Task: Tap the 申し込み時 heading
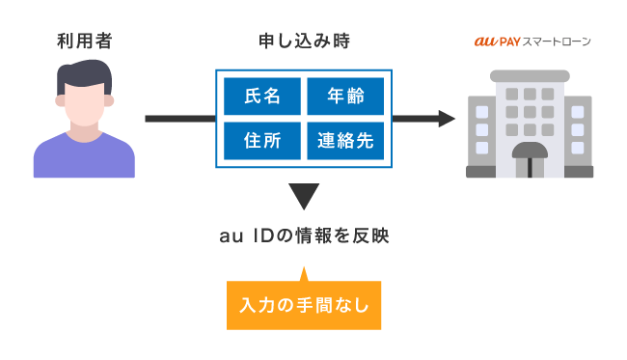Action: [x=303, y=42]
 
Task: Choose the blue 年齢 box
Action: [x=344, y=97]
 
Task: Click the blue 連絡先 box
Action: [x=344, y=141]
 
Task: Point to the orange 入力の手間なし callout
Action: [x=303, y=307]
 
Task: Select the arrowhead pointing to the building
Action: [x=446, y=119]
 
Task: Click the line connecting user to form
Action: [x=178, y=119]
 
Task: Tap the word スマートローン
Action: [x=557, y=42]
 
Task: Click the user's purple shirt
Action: [x=84, y=159]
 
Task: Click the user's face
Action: [x=84, y=101]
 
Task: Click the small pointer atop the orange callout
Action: [x=303, y=274]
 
